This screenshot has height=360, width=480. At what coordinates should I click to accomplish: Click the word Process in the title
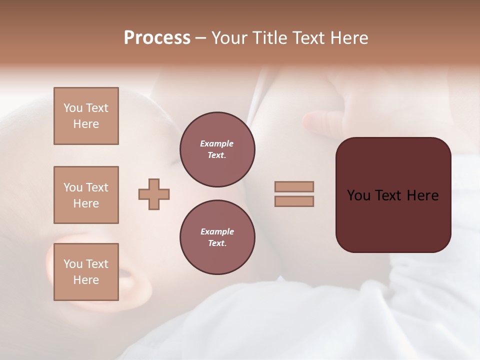[157, 38]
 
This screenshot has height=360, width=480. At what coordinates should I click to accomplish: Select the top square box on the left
[86, 116]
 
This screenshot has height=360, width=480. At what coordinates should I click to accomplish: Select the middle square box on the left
[86, 195]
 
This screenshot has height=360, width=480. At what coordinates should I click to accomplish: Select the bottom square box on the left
[86, 272]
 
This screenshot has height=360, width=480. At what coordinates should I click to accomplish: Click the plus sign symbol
[154, 194]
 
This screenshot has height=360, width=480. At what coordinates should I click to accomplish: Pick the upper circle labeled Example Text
[217, 149]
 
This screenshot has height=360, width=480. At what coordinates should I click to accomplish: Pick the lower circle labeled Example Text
[217, 237]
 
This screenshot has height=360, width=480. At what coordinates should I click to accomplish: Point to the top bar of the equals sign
[294, 186]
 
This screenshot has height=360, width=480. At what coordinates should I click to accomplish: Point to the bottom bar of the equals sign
[294, 201]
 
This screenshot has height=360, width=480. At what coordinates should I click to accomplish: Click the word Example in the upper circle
[217, 143]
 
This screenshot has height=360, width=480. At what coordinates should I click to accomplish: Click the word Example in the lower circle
[217, 231]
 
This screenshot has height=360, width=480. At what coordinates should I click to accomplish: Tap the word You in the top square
[72, 108]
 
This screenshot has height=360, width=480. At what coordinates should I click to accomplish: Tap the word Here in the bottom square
[86, 280]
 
